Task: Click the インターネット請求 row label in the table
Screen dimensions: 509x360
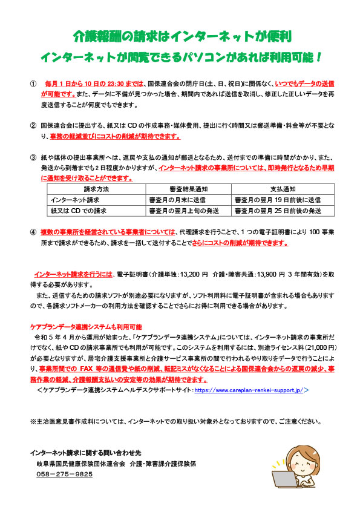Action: coord(76,200)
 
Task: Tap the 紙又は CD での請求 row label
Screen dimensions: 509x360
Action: coord(79,211)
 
